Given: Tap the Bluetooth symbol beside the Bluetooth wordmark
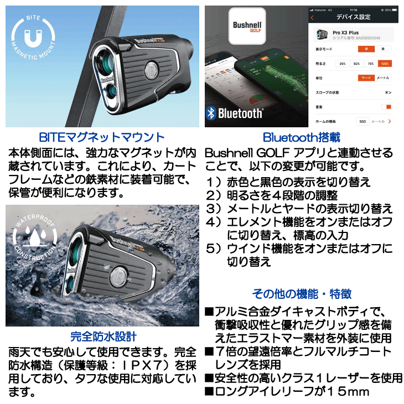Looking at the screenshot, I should pyautogui.click(x=211, y=113).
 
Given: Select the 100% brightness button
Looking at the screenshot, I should pyautogui.click(x=384, y=64).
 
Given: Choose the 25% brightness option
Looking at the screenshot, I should pyautogui.click(x=343, y=64).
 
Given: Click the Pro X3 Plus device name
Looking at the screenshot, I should pyautogui.click(x=344, y=33).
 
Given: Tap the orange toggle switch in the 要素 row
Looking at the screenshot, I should pyautogui.click(x=386, y=106).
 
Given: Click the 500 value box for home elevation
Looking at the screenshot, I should pyautogui.click(x=363, y=121).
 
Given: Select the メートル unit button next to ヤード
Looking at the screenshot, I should pyautogui.click(x=383, y=78).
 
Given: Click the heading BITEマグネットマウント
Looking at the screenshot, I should pyautogui.click(x=102, y=137).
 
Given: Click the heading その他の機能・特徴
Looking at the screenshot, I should pyautogui.click(x=302, y=294).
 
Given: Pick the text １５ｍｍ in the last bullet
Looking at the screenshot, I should pyautogui.click(x=344, y=392).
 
